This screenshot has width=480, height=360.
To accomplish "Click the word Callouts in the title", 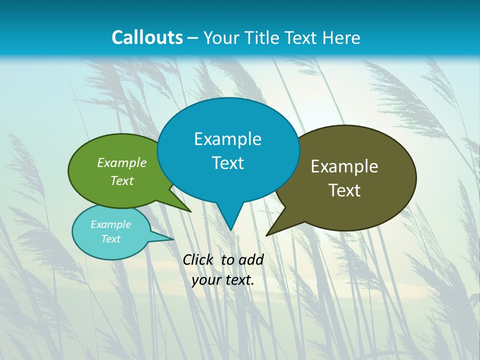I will (147, 37).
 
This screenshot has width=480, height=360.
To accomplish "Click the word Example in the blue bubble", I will (227, 139).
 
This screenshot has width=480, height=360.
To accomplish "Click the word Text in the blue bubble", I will (227, 163).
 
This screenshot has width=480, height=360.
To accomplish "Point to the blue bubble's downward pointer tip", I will (230, 229).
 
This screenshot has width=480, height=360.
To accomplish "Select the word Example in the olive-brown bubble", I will (344, 166).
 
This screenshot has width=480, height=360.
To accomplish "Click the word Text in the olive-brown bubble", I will (344, 190).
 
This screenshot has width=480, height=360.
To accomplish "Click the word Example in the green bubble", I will (121, 163).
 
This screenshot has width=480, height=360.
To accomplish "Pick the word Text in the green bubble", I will (121, 180).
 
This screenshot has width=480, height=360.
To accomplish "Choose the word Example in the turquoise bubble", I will (110, 224).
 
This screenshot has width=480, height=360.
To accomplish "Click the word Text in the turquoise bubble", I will (110, 239).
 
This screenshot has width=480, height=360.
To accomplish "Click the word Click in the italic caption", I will (198, 259).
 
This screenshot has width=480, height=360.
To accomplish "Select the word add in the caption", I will (250, 259).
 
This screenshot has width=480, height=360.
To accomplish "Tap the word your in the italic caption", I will (206, 280).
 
